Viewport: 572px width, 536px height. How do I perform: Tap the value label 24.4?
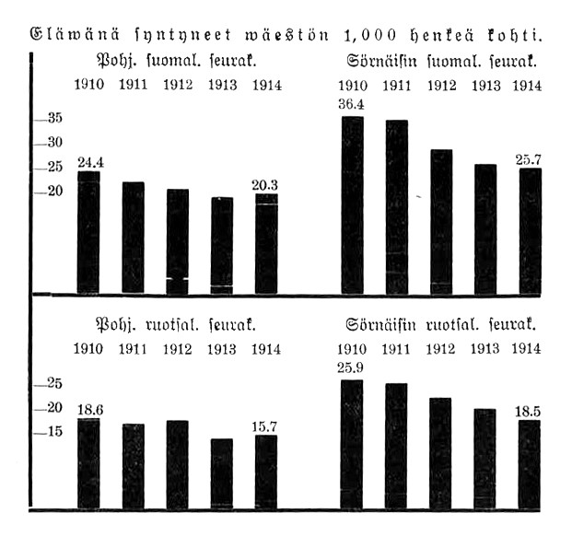[89, 163]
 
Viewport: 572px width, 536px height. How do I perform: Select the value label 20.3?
[265, 184]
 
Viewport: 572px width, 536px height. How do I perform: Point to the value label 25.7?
[529, 159]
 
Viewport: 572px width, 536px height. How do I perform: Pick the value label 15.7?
[265, 426]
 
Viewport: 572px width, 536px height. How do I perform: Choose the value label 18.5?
[529, 412]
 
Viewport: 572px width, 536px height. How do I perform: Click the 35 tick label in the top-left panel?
[54, 119]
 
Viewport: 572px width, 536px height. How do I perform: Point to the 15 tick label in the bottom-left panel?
[54, 431]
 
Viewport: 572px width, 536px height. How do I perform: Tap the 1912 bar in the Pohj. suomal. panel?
[178, 241]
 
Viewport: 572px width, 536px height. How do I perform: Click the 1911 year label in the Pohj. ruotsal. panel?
[134, 349]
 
